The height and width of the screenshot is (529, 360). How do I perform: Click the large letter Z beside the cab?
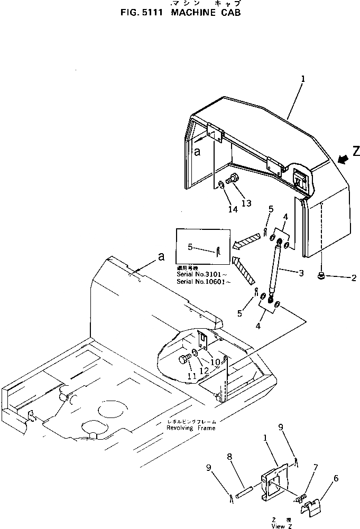click(x=356, y=152)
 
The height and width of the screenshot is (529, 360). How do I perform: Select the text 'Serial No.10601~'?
click(x=204, y=282)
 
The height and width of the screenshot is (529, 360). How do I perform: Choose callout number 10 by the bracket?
click(x=215, y=362)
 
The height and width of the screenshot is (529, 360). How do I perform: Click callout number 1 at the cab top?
click(x=303, y=79)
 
